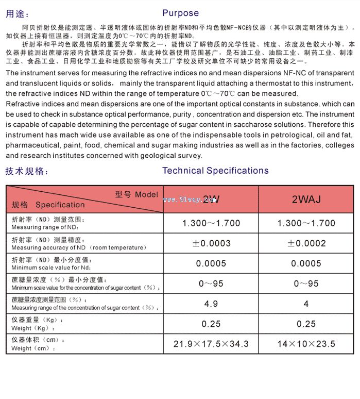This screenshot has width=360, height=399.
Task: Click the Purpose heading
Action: (180, 13)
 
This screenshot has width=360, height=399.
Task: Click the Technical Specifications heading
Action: (215, 171)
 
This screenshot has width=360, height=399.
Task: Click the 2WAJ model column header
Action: (306, 199)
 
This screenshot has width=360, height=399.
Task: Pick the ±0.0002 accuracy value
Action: (306, 243)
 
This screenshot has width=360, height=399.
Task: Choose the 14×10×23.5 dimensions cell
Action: (306, 344)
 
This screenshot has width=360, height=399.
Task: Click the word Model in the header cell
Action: (146, 194)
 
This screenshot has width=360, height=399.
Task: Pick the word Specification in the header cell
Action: (60, 205)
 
